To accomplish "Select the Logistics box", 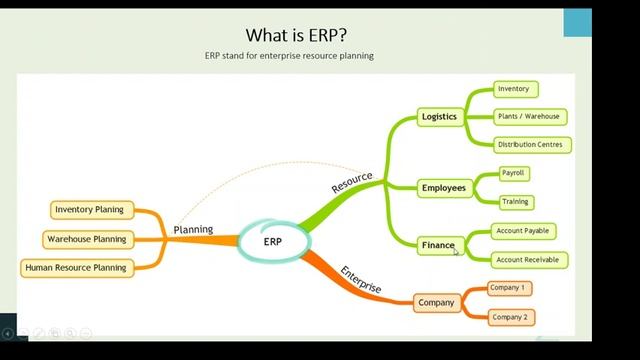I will coord(439,116).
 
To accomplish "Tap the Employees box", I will coord(443,187).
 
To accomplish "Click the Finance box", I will coord(438,245).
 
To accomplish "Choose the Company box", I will coord(436,302).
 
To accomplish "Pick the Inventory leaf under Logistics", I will coord(516,89).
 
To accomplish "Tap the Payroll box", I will coord(514,173).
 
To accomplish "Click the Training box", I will coord(515,201).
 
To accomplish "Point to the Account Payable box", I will coord(523,231).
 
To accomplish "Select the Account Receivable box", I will coord(527,259).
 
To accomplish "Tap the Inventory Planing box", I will coord(90,209).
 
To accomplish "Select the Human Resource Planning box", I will coord(76,267).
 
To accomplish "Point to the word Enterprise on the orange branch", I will coord(360,279).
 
